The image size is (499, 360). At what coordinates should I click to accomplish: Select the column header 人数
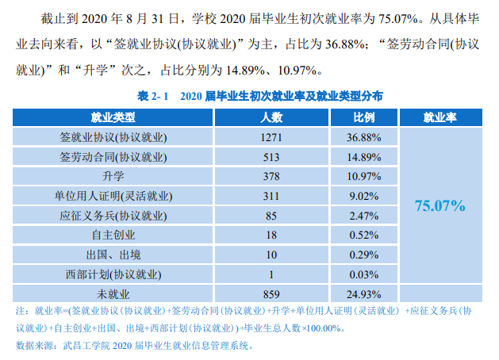[271, 117]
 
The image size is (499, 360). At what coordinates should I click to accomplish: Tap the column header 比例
[364, 117]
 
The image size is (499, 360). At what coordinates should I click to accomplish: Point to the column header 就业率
[439, 117]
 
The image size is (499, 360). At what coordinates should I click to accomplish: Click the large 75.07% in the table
[440, 206]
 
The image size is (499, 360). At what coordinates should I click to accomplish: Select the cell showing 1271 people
[271, 137]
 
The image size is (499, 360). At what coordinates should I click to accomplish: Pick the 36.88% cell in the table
[365, 137]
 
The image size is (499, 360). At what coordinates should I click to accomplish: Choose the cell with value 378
[271, 176]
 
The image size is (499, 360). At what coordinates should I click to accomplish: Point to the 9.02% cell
[365, 196]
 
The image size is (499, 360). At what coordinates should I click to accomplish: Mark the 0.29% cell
[365, 255]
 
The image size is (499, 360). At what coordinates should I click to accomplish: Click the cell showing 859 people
[271, 293]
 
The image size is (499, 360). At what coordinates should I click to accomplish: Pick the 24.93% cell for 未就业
[365, 293]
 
